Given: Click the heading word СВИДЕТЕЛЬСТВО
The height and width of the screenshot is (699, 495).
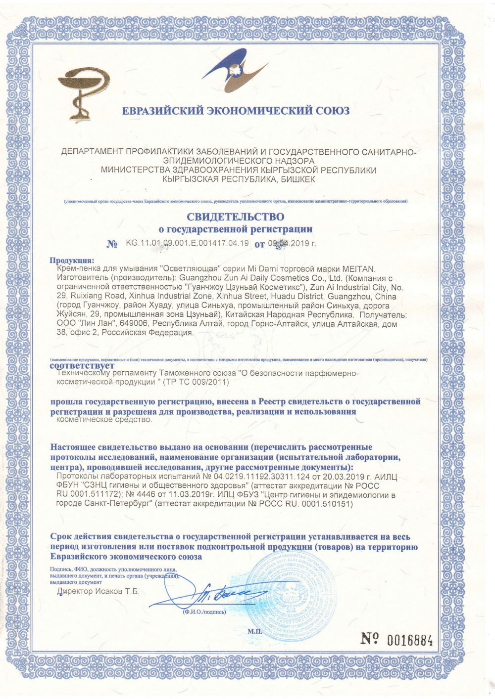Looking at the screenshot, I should [x=235, y=217].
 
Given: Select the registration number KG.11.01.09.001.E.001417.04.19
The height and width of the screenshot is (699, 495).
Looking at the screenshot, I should [x=187, y=243].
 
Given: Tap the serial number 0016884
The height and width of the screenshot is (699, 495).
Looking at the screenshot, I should [x=410, y=641].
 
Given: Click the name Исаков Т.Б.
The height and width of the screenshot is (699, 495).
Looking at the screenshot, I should [x=116, y=591].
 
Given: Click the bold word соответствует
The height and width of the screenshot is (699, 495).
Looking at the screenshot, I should [x=82, y=366].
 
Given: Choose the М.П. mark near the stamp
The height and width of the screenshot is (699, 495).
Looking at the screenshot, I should [x=253, y=631].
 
